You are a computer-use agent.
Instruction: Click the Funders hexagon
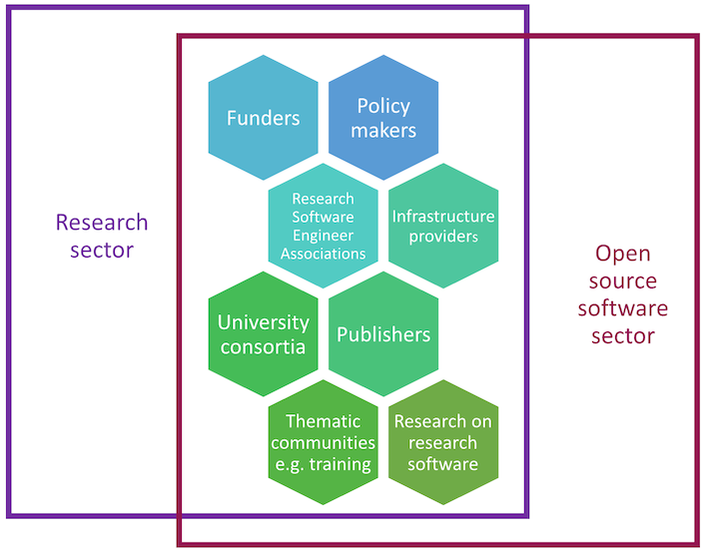263,118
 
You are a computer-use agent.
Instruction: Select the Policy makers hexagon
383,118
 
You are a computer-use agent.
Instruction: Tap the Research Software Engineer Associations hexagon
323,227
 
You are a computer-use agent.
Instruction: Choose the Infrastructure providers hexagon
443,227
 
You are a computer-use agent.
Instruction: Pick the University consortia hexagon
263,334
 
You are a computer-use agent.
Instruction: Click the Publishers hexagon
383,334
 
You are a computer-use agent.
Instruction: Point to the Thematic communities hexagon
323,442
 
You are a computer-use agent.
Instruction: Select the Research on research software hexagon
443,442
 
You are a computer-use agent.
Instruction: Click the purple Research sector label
102,236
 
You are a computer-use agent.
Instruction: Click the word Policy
383,106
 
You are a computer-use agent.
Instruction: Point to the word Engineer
323,235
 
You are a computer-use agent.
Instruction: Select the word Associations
323,254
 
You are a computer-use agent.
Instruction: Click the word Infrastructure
443,217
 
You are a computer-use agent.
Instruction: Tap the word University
263,322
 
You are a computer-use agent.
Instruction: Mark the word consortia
263,346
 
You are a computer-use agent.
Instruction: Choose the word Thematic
323,421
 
